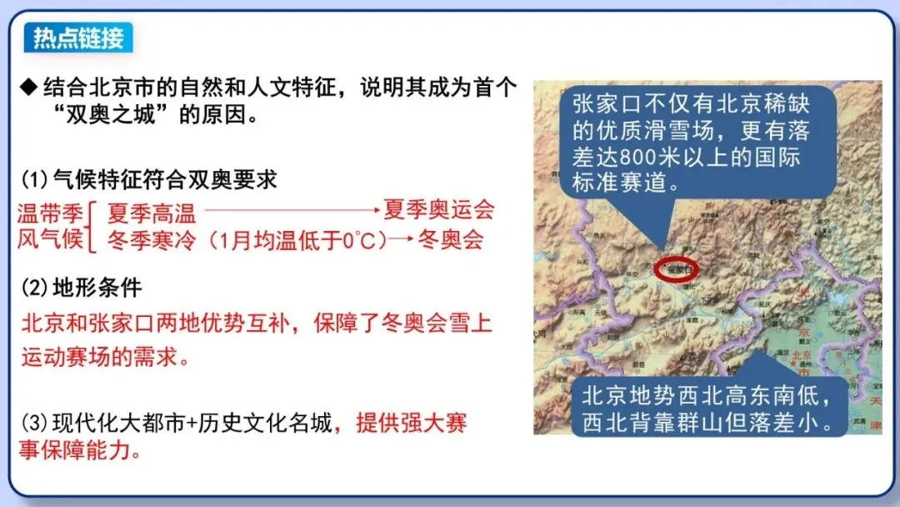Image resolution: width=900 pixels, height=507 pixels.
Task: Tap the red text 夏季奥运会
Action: point(438,208)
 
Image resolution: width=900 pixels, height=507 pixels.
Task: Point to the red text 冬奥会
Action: point(451,240)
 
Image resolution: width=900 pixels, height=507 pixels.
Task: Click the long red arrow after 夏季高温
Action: point(292,210)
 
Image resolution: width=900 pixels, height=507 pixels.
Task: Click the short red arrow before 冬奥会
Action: point(402,241)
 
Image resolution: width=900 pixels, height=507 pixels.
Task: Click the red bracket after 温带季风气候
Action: point(93,225)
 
